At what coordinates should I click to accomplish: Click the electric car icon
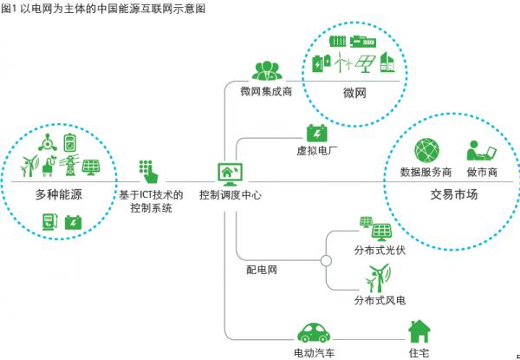(315, 333)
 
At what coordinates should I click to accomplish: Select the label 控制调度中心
(231, 195)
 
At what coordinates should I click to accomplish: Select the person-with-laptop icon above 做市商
(480, 149)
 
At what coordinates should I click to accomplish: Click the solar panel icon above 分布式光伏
(379, 229)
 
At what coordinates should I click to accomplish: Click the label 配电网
(261, 271)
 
